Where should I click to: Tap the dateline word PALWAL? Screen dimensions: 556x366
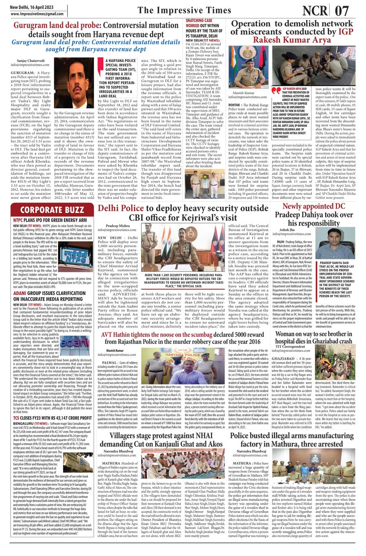coord(110,362)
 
